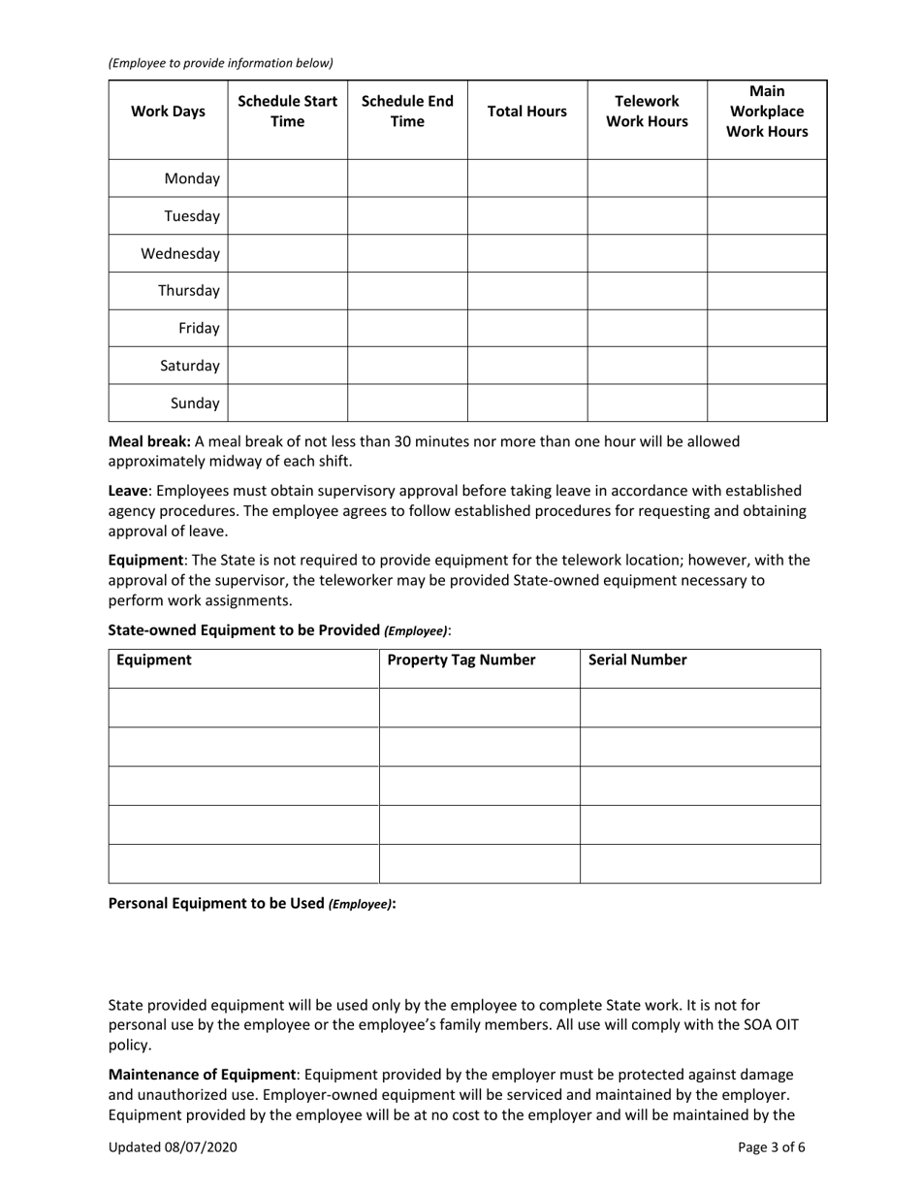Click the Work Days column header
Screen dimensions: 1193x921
(x=168, y=112)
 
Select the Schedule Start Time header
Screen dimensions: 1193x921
(x=287, y=112)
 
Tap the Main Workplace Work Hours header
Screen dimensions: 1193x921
(x=767, y=112)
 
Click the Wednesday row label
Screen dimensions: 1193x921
(x=180, y=254)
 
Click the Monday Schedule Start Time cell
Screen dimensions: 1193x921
(x=287, y=178)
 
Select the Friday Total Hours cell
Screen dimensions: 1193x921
(x=527, y=329)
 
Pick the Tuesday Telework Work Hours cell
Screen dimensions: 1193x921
(x=647, y=216)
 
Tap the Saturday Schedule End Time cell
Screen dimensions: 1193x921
(x=407, y=366)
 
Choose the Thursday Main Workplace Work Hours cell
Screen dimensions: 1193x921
(x=767, y=291)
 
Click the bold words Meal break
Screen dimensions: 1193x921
(x=148, y=441)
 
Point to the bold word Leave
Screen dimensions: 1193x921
(x=127, y=492)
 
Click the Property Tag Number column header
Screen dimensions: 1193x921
(x=460, y=661)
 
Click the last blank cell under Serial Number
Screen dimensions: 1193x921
(x=700, y=863)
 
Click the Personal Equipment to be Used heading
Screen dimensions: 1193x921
(x=252, y=903)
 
